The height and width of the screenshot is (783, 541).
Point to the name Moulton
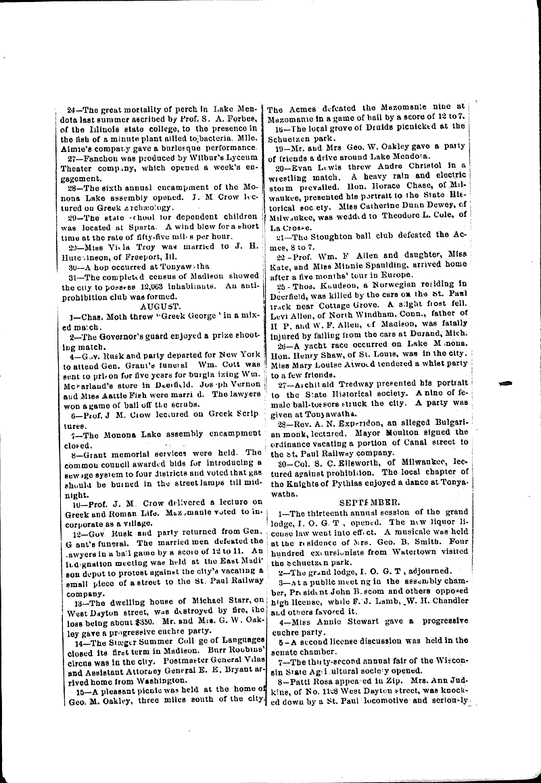coord(405,435)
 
